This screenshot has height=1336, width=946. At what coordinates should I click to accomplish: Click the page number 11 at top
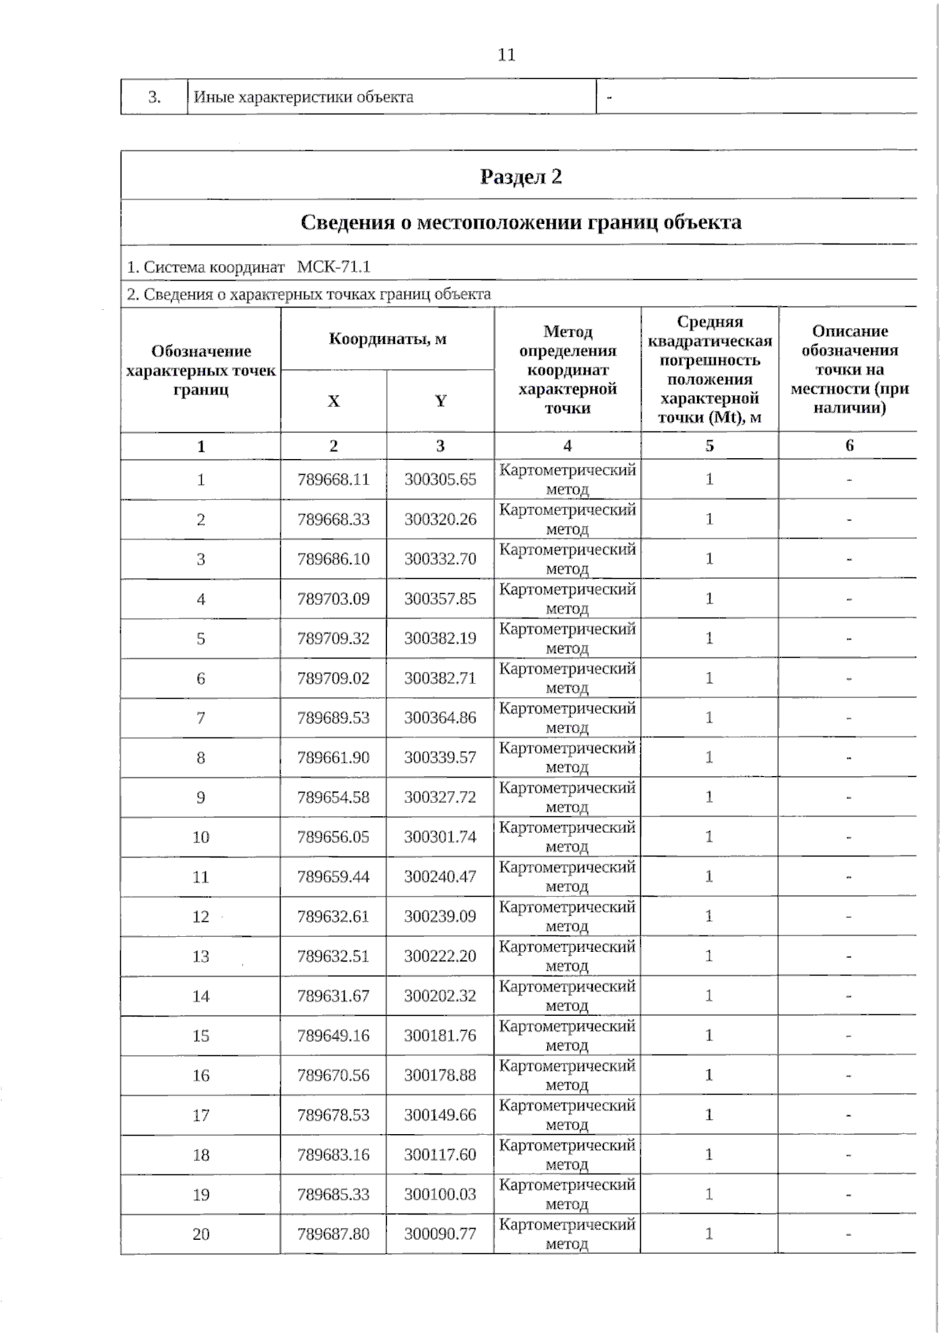coord(506,54)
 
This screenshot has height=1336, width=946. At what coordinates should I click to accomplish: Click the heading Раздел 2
coord(520,176)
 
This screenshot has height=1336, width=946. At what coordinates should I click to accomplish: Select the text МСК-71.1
coord(333,267)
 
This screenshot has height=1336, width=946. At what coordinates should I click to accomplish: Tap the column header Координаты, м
coord(387,339)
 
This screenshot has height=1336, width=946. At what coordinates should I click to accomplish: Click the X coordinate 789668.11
coord(333,480)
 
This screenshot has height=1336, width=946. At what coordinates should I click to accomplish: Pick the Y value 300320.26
coord(440,519)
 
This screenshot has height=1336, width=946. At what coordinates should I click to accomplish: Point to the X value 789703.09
coord(333,599)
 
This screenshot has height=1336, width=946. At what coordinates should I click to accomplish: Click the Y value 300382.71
coord(440,678)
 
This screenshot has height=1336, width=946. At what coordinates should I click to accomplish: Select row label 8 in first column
coord(201,758)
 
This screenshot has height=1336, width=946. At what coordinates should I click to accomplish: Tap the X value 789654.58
coord(333,797)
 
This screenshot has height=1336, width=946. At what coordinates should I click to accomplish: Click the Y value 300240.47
coord(440,877)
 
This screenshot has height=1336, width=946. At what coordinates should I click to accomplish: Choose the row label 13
coord(201,957)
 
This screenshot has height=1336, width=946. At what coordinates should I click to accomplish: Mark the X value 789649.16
coord(333,1036)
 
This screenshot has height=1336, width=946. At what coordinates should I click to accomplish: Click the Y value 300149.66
coord(440,1115)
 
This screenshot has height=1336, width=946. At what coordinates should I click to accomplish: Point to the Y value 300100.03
coord(440,1194)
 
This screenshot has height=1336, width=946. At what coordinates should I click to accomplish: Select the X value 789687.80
coord(333,1234)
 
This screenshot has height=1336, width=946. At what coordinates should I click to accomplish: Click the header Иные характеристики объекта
coord(304,97)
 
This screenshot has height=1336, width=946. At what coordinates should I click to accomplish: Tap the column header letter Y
coord(441,401)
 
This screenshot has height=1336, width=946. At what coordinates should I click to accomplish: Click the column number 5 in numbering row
coord(709,446)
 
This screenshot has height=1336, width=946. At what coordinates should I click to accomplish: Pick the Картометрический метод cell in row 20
coord(567,1234)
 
